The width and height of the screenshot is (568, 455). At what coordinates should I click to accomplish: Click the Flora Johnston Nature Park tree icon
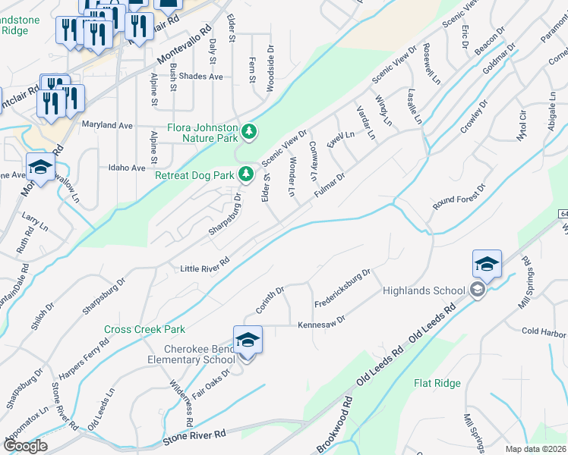[249, 133]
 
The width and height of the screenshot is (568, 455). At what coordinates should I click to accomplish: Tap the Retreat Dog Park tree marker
[246, 175]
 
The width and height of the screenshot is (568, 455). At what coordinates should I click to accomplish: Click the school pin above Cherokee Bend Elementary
[248, 340]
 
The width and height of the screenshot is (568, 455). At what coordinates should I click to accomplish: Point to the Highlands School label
[424, 290]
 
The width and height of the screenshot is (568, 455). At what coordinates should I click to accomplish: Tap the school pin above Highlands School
[487, 264]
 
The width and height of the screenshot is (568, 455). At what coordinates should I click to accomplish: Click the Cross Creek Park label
[144, 330]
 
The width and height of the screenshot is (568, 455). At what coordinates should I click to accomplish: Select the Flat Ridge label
[437, 383]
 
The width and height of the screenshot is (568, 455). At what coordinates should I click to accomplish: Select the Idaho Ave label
[127, 168]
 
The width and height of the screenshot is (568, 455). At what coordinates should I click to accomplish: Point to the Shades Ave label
[201, 77]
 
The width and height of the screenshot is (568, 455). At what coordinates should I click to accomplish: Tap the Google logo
[24, 446]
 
